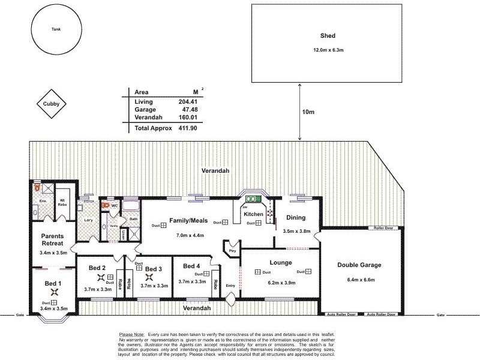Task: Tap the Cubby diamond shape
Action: pyautogui.click(x=50, y=103)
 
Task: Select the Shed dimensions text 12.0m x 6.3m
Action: pyautogui.click(x=327, y=49)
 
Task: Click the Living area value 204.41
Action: pyautogui.click(x=188, y=101)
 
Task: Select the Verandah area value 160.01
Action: pyautogui.click(x=188, y=118)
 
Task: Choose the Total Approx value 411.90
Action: pyautogui.click(x=187, y=128)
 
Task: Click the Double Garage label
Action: pyautogui.click(x=359, y=265)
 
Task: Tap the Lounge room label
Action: pyautogui.click(x=281, y=262)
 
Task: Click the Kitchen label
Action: pyautogui.click(x=253, y=214)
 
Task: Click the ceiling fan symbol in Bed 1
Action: pyautogui.click(x=55, y=292)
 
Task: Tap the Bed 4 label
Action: pyautogui.click(x=191, y=265)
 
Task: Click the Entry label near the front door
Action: pyautogui.click(x=231, y=286)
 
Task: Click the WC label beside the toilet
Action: pyautogui.click(x=114, y=205)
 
